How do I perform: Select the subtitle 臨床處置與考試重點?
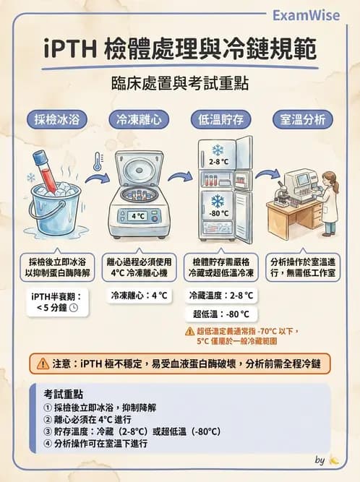[x=179, y=83]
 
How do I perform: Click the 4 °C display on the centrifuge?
[x=138, y=215]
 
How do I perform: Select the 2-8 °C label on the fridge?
[x=218, y=162]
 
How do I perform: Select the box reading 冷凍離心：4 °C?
[x=139, y=296]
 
